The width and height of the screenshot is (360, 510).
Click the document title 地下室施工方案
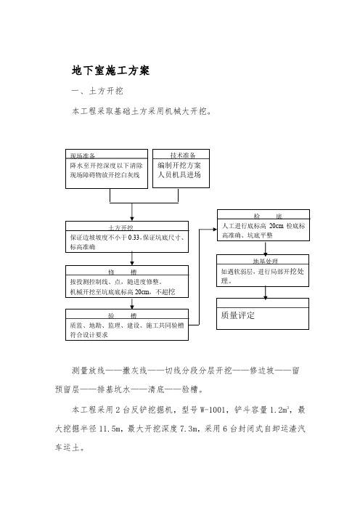pyautogui.click(x=110, y=70)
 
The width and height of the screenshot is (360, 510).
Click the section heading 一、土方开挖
pyautogui.click(x=97, y=91)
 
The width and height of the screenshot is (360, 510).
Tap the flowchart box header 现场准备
pyautogui.click(x=83, y=155)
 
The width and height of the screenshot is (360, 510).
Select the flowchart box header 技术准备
pyautogui.click(x=183, y=155)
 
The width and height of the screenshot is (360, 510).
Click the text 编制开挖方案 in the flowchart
pyautogui.click(x=179, y=165)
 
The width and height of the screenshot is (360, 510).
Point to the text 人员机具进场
pyautogui.click(x=179, y=174)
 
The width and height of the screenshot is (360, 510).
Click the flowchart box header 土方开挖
pyautogui.click(x=121, y=227)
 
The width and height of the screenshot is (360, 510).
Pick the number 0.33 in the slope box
pyautogui.click(x=134, y=238)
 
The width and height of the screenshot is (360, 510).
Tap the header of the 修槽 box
pyautogui.click(x=123, y=272)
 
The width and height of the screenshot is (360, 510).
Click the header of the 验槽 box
pyautogui.click(x=123, y=315)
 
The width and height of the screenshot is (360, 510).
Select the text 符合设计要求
pyautogui.click(x=89, y=335)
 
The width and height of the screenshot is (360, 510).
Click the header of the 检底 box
pyautogui.click(x=268, y=216)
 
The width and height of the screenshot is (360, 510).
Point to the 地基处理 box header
pyautogui.click(x=266, y=261)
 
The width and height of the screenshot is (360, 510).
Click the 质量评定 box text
pyautogui.click(x=238, y=315)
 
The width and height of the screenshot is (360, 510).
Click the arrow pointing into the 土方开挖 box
pyautogui.click(x=132, y=212)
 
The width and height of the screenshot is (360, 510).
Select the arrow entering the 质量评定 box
pyautogui.click(x=266, y=293)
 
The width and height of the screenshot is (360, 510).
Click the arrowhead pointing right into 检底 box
pyautogui.click(x=215, y=230)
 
